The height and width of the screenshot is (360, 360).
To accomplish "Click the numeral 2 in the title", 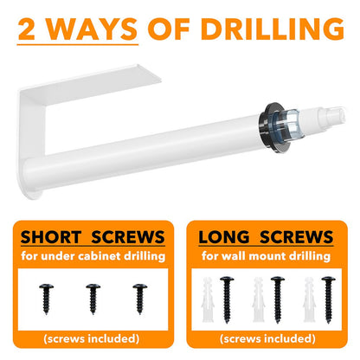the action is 26,29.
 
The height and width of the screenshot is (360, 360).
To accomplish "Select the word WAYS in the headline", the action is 92,29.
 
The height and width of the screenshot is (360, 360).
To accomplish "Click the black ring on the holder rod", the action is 269,126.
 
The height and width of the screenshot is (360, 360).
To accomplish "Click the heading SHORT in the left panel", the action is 51,237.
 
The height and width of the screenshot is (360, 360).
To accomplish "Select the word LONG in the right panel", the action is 224,237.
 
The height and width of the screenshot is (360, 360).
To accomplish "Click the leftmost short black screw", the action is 47,299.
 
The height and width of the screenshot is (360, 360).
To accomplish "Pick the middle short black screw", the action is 93,299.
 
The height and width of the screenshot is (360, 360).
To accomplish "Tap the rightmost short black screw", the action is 140,299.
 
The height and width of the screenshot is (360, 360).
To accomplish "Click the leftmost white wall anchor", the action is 208,299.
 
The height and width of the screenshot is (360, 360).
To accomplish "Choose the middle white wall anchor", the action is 259,299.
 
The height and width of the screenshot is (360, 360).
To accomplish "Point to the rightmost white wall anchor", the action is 310,299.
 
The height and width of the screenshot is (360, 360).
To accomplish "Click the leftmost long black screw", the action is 227,299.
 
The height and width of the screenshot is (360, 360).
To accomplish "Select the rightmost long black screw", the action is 329,299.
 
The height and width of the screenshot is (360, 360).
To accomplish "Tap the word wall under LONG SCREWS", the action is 232,255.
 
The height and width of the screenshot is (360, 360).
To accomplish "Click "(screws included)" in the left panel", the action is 92,338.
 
